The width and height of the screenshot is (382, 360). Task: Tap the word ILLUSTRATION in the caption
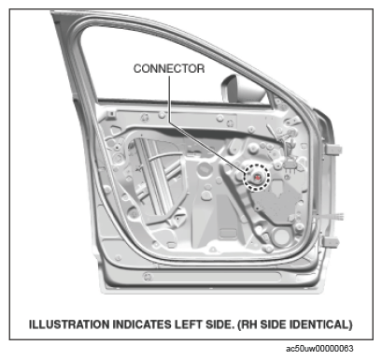71,324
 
